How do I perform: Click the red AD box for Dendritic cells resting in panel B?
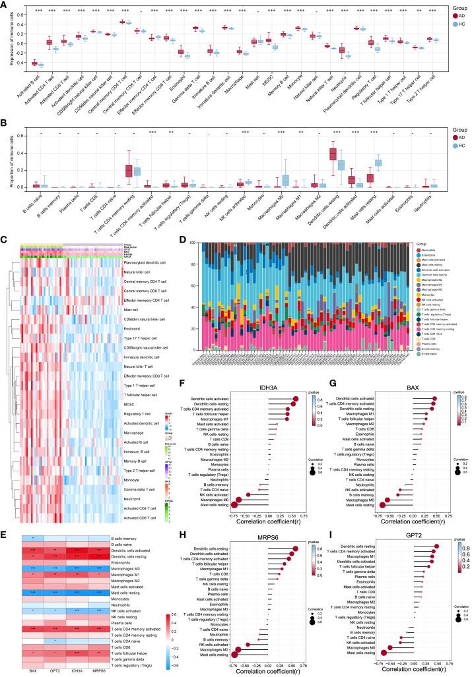point(334,163)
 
